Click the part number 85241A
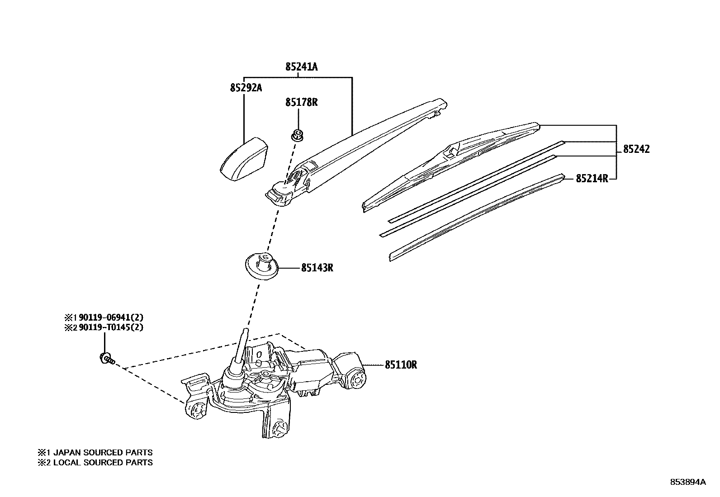tap(301, 67)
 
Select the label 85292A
tap(246, 88)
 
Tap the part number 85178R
tap(301, 103)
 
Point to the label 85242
tap(636, 149)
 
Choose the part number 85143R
tap(317, 268)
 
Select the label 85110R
tap(401, 364)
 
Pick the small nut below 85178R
tap(297, 134)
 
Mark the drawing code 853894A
tap(687, 482)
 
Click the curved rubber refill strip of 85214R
tap(475, 216)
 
